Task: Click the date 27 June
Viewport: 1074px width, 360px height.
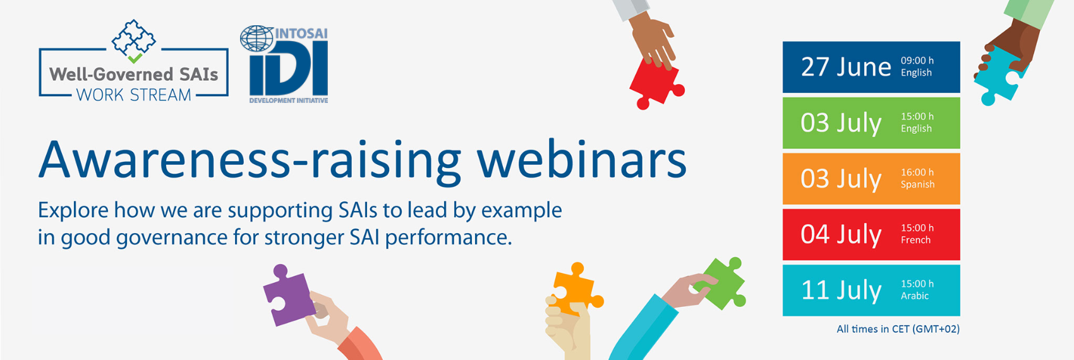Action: [x=846, y=67]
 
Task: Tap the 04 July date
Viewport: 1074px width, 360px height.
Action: [x=841, y=234]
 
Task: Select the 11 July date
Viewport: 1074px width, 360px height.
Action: [x=841, y=291]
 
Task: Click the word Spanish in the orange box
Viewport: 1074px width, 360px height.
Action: [x=917, y=185]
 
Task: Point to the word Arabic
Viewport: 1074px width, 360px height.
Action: [x=914, y=296]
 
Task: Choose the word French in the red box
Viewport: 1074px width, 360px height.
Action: [x=915, y=240]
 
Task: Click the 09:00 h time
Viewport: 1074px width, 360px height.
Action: [x=917, y=61]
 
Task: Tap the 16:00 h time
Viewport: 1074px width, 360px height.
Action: [x=917, y=172]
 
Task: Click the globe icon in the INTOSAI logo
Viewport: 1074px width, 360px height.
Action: [x=257, y=39]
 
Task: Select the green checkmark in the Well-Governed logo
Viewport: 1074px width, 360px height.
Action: [x=135, y=59]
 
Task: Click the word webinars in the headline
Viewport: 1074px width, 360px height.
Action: [x=582, y=160]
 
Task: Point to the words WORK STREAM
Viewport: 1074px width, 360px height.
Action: [x=134, y=95]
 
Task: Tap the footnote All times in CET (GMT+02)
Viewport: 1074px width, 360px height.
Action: [x=898, y=329]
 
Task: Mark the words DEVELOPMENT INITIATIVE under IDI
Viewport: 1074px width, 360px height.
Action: [x=289, y=100]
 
